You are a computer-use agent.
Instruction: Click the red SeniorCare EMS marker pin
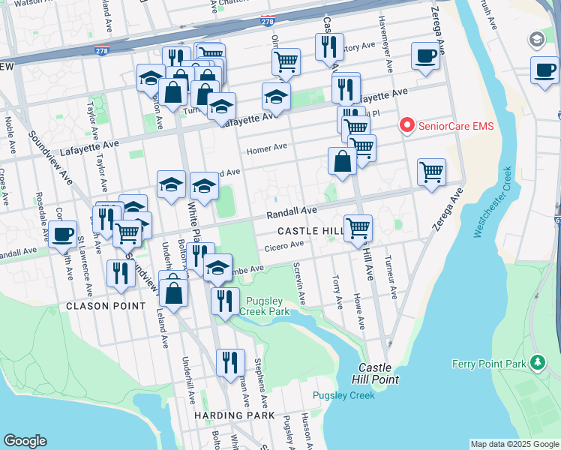click(407, 125)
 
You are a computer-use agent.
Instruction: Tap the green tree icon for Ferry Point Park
click(537, 364)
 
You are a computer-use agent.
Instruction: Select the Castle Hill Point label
click(378, 373)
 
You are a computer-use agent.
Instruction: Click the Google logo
click(25, 441)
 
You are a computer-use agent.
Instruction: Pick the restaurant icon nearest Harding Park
click(230, 361)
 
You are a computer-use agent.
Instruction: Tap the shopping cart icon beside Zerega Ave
click(431, 171)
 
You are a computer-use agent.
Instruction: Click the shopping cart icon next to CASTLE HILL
click(358, 226)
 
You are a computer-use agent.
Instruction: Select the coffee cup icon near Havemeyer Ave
click(425, 55)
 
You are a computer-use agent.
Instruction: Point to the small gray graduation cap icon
click(537, 38)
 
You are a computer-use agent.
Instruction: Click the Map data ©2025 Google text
click(514, 444)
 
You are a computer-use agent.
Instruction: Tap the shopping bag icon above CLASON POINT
click(173, 292)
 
